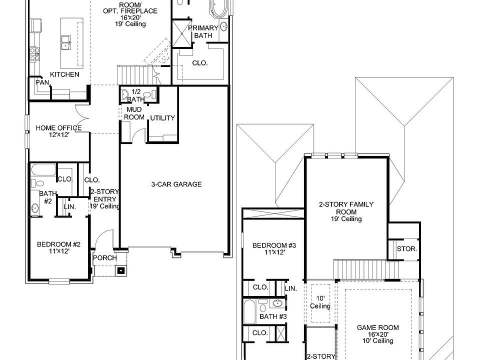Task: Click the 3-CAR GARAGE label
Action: pyautogui.click(x=176, y=184)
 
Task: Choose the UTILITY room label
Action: pyautogui.click(x=162, y=118)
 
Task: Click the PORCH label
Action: pyautogui.click(x=105, y=258)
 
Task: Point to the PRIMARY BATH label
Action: pyautogui.click(x=203, y=32)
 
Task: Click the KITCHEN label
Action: pyautogui.click(x=64, y=74)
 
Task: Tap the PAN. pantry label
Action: pyautogui.click(x=41, y=82)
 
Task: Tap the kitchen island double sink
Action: pyautogui.click(x=65, y=43)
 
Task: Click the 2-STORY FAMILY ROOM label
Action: pyautogui.click(x=346, y=211)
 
